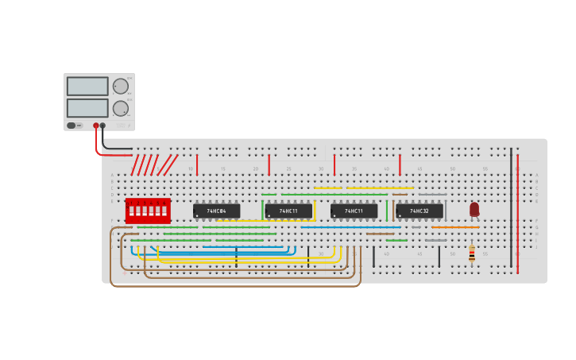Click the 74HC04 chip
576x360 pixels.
(216, 211)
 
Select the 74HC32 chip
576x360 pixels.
(419, 211)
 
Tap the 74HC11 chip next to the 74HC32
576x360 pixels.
(354, 211)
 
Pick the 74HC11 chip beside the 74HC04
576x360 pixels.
(288, 211)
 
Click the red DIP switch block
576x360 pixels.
(148, 211)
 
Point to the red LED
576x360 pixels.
(474, 209)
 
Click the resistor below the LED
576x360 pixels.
(472, 253)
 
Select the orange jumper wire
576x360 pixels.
(455, 227)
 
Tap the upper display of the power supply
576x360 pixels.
(87, 86)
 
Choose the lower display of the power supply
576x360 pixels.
(87, 108)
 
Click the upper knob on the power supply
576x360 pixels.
(121, 86)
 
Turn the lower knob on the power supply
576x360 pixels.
(121, 108)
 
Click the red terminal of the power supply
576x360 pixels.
(96, 126)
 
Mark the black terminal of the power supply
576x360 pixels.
(102, 126)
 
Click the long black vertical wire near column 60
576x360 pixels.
(511, 207)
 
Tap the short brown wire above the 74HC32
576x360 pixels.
(400, 195)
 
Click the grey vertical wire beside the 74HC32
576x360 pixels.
(446, 210)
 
